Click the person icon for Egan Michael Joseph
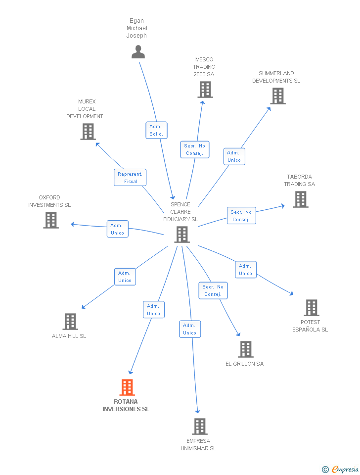point(138,51)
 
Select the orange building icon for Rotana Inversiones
point(127,387)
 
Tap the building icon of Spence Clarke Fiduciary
point(182,235)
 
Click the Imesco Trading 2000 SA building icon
point(205,90)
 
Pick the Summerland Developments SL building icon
point(278,96)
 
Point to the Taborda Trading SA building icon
point(300,199)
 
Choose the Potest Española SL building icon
point(311,308)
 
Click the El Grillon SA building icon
point(246,349)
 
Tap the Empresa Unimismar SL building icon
point(199,427)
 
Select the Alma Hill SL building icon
point(70,322)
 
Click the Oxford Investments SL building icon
point(51,220)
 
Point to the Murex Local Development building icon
point(88,132)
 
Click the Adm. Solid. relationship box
point(156,130)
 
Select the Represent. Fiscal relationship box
point(130,178)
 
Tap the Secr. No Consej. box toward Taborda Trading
point(241,216)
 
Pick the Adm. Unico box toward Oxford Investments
point(118,229)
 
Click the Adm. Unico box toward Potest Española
point(245,270)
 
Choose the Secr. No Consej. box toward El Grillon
point(213,290)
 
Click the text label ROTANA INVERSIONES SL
point(126,405)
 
